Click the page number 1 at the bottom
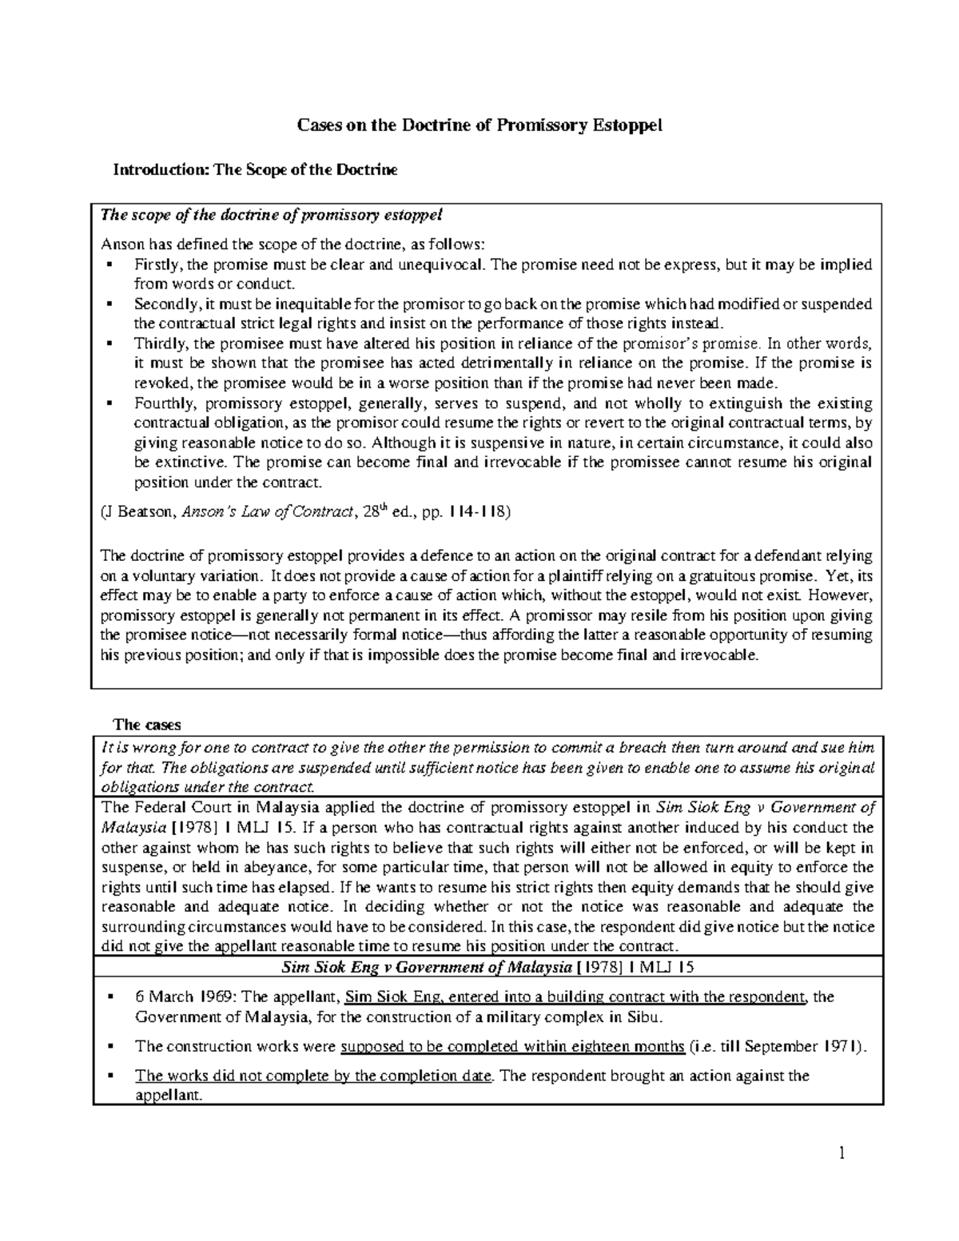pos(841,1153)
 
